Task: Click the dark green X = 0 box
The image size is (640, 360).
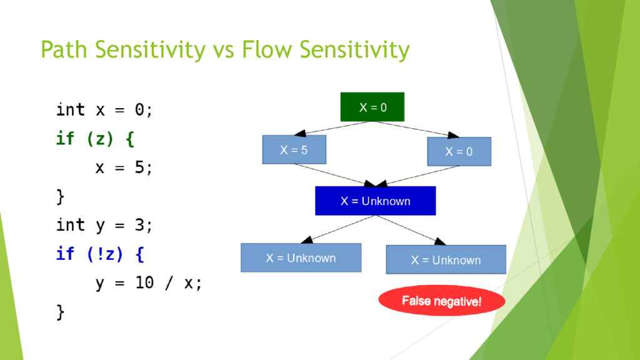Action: click(372, 107)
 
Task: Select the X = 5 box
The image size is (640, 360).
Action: click(294, 149)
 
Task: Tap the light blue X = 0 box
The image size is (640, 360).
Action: click(459, 151)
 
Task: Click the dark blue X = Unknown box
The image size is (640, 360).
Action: click(375, 201)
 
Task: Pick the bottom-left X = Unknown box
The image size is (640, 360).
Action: click(301, 257)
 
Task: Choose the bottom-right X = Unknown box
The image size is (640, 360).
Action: click(446, 259)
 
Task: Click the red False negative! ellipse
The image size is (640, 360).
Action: click(442, 301)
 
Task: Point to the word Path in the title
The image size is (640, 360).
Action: click(64, 49)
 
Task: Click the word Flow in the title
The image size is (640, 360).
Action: click(267, 49)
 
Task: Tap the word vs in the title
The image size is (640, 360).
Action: click(223, 51)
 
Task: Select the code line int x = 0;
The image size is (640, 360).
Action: click(104, 110)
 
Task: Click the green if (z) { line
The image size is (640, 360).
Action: click(95, 139)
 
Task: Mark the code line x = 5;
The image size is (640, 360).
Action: click(124, 167)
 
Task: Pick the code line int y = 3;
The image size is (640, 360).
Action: click(104, 225)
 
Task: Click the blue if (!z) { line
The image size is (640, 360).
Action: click(100, 254)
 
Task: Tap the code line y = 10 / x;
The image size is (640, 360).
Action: click(149, 283)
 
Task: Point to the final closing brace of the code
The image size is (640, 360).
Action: click(61, 312)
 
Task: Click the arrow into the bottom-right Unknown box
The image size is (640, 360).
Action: click(410, 230)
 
